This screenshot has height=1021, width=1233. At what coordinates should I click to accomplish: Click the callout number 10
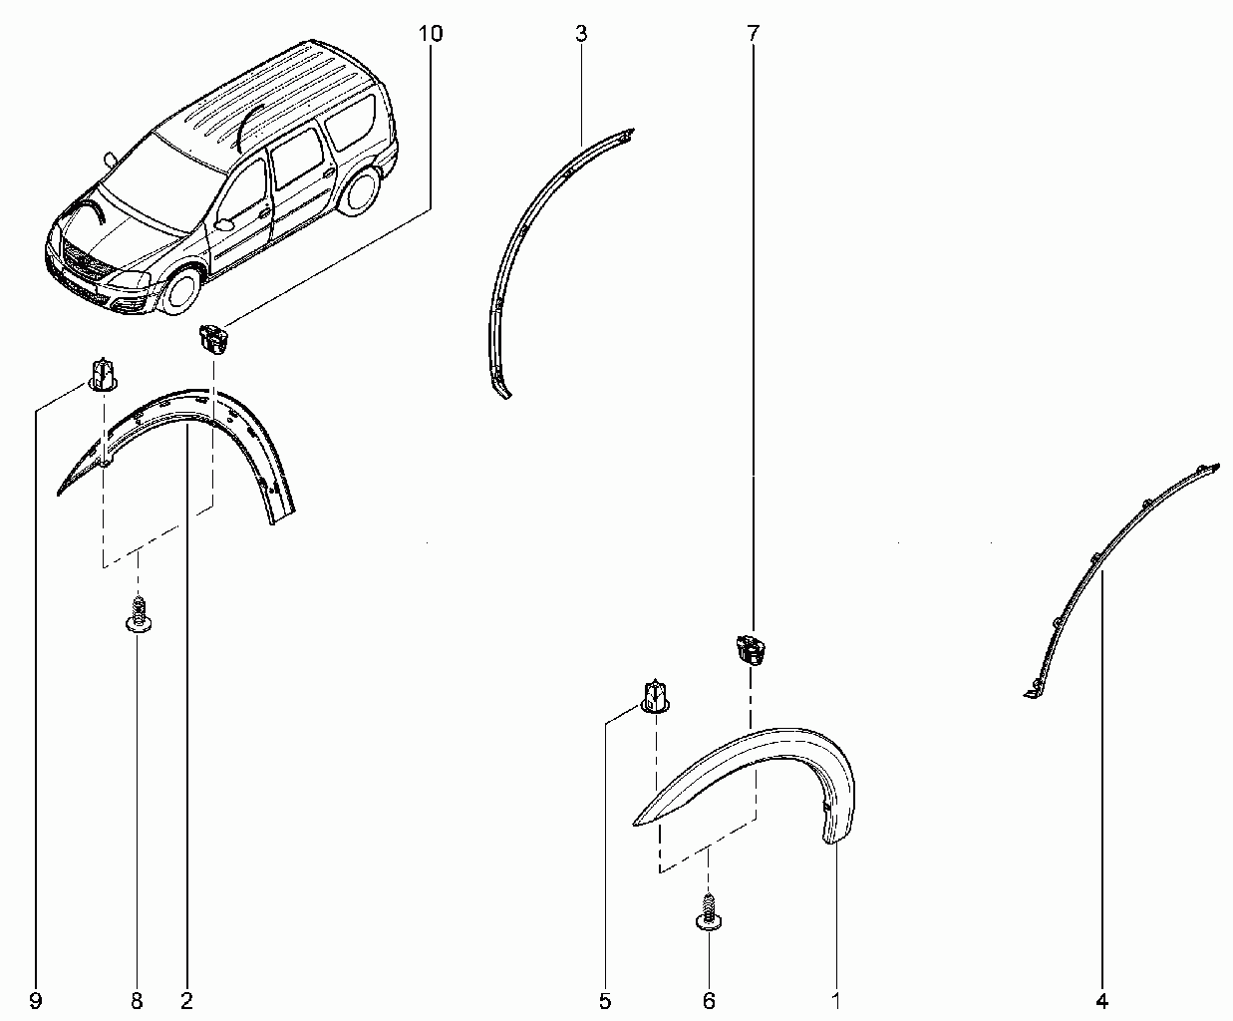tap(430, 34)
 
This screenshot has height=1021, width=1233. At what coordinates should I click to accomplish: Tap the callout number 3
tap(582, 34)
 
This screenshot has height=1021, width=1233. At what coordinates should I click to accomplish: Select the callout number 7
tap(753, 34)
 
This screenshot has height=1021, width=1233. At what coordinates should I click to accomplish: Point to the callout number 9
tap(36, 1001)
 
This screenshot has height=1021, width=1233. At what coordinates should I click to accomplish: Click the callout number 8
tap(137, 1001)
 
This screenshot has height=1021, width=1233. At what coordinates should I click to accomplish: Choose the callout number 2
tap(186, 1001)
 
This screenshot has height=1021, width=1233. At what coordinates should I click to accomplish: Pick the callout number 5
tap(605, 1001)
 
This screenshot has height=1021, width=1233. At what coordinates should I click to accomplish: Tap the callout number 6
tap(709, 1001)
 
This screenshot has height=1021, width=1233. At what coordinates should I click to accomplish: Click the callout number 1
tap(836, 1001)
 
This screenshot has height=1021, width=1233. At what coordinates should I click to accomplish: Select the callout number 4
tap(1101, 1001)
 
